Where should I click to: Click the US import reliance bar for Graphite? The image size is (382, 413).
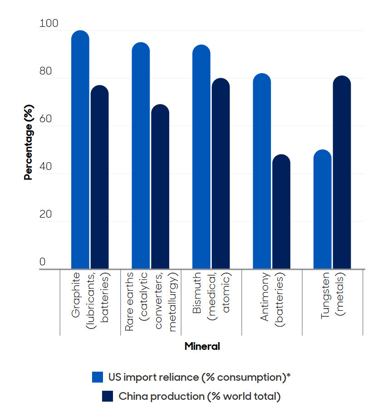click(x=80, y=150)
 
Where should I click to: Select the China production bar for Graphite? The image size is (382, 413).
click(x=100, y=177)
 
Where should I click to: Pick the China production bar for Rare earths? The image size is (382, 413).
click(x=160, y=187)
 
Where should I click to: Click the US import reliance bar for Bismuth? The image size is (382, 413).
click(x=201, y=157)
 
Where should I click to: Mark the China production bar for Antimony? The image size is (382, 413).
click(x=281, y=212)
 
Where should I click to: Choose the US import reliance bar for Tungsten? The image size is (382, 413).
click(x=323, y=209)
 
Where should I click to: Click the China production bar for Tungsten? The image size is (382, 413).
click(x=342, y=172)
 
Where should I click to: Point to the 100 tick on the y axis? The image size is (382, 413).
click(x=49, y=24)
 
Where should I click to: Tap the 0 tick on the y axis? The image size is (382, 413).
click(x=43, y=262)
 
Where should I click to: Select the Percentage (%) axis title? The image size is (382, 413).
click(x=29, y=145)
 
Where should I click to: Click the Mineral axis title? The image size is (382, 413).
click(x=202, y=347)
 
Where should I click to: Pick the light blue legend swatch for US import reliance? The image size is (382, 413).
click(x=98, y=377)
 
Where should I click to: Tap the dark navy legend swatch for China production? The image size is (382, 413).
click(x=108, y=396)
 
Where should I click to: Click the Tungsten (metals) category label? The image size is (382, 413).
click(x=333, y=295)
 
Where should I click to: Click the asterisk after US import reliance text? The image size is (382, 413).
click(x=289, y=375)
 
